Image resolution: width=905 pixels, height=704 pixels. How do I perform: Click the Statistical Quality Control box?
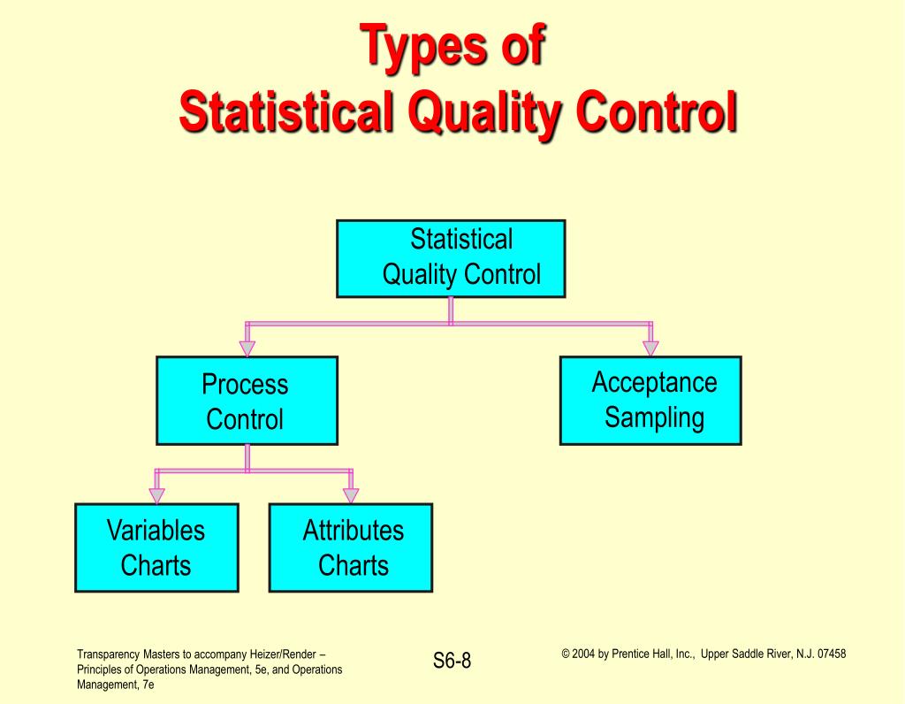point(451,258)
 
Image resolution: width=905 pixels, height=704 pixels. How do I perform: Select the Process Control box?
point(247,401)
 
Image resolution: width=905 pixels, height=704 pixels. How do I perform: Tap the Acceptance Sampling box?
point(650,401)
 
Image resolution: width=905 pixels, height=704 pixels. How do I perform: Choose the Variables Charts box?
point(156,547)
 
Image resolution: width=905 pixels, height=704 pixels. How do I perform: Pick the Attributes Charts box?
point(351,547)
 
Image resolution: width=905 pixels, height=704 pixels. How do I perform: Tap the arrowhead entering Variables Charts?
point(156,495)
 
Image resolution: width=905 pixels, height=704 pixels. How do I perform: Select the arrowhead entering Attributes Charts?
point(351,495)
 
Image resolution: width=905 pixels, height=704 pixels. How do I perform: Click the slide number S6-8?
point(452,661)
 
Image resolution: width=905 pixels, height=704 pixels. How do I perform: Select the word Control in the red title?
point(655,113)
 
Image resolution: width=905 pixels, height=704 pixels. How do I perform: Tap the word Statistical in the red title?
point(280,113)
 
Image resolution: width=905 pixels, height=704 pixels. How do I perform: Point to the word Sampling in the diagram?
point(654,417)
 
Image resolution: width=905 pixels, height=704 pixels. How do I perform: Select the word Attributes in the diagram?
point(353,531)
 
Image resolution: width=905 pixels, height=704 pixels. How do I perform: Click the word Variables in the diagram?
point(156,531)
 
